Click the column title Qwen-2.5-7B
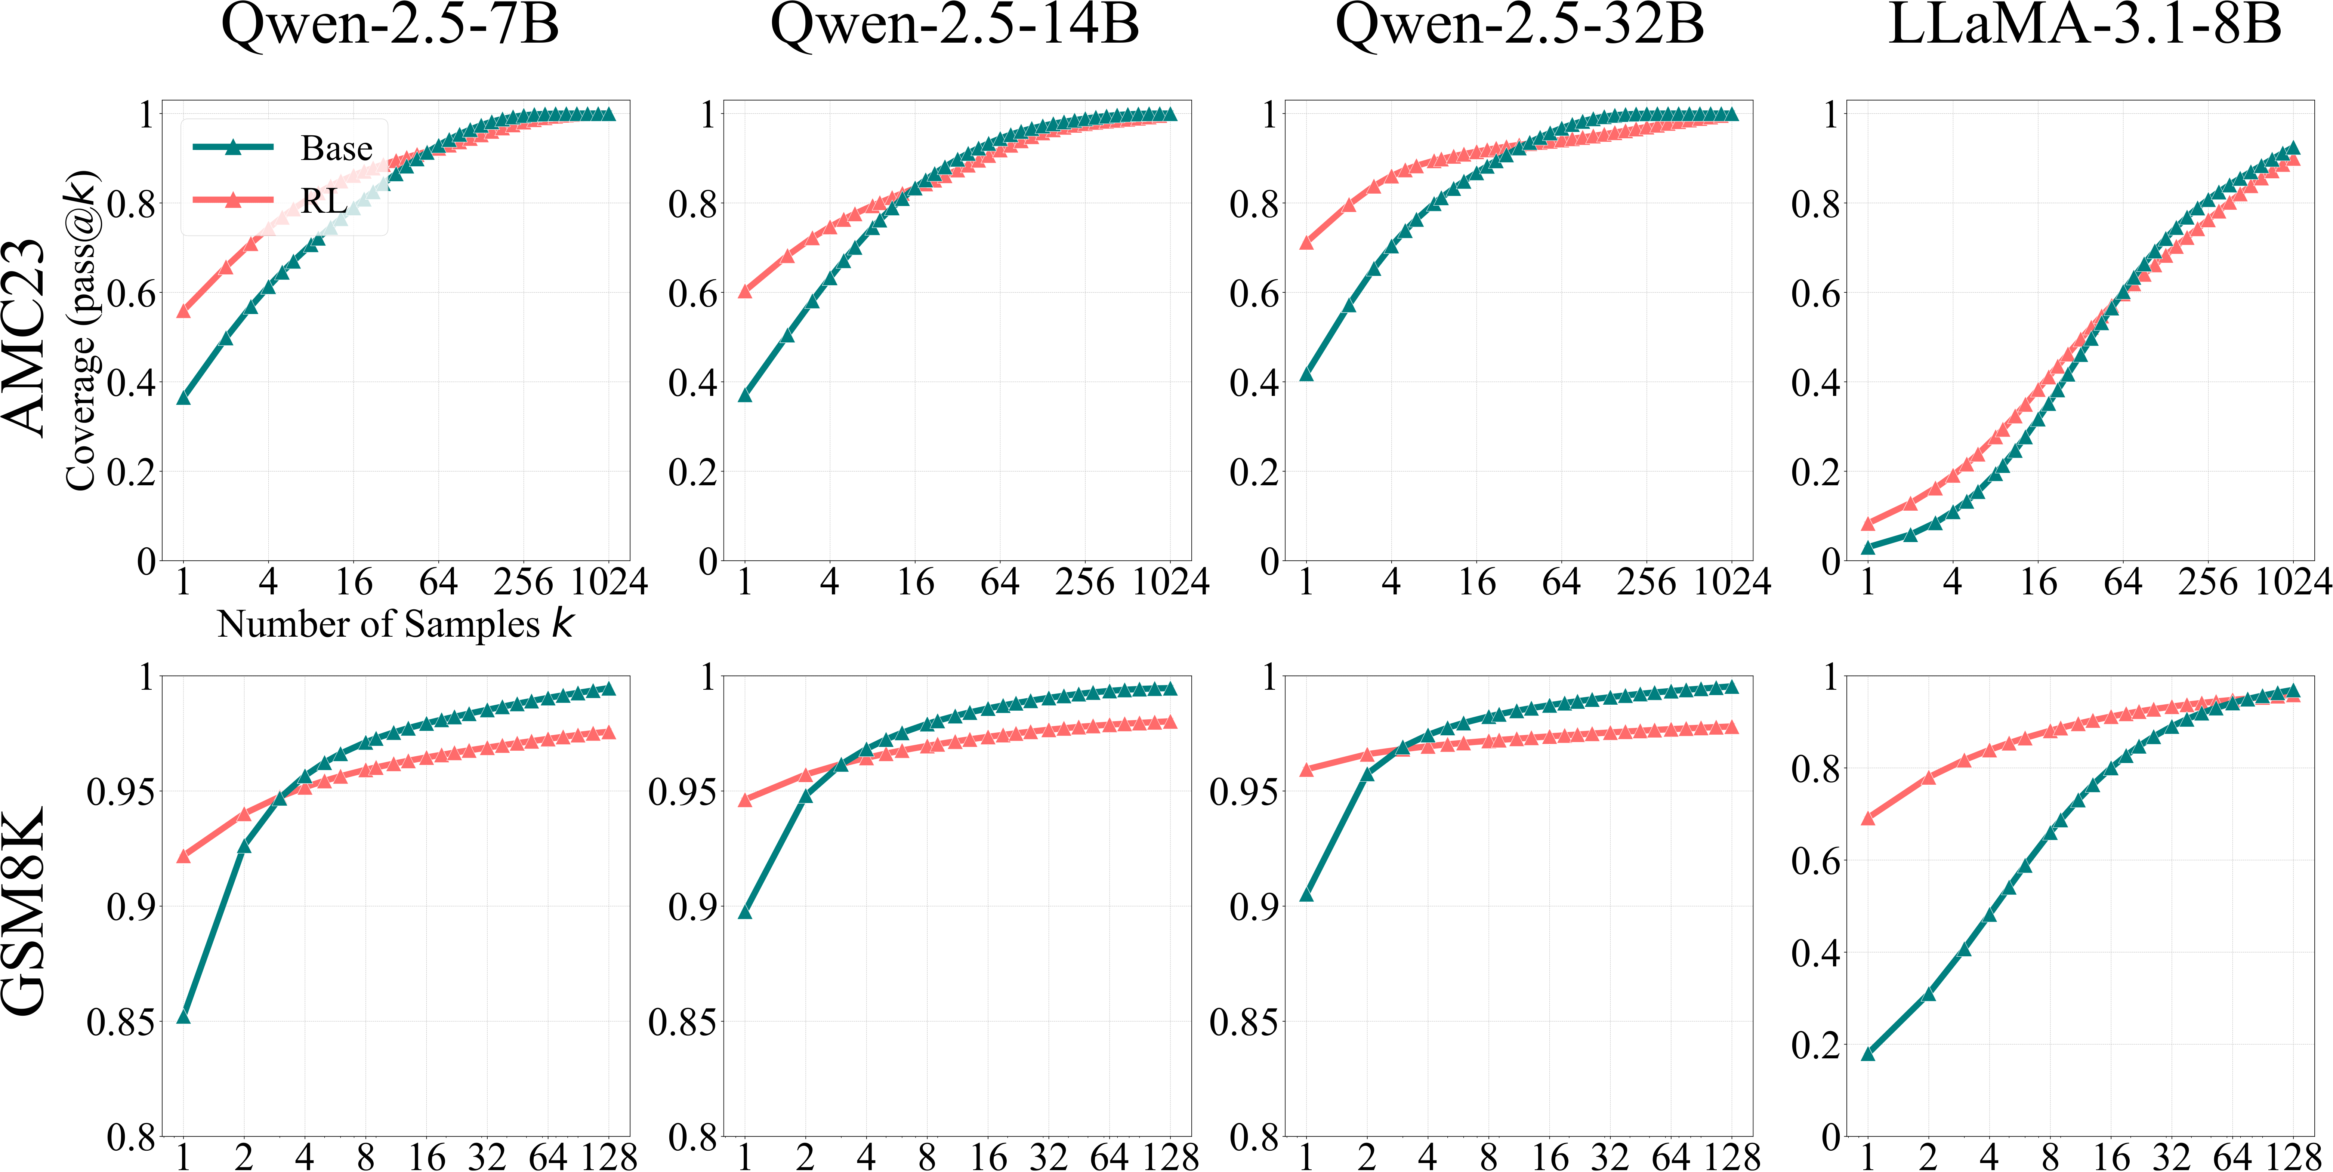point(391,25)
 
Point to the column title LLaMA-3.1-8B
point(2084,25)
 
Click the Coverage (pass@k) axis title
point(81,330)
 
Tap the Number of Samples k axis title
point(395,624)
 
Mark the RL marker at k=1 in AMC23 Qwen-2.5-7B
point(184,311)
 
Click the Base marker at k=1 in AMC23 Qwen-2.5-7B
point(184,398)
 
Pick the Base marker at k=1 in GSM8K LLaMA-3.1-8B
point(1867,1053)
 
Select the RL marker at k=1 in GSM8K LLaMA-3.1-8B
point(1867,818)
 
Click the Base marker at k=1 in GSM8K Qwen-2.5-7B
point(184,1016)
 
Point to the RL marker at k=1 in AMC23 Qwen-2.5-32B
point(1306,243)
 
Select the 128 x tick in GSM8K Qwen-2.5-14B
point(1170,1157)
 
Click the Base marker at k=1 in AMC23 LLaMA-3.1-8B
point(1867,547)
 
